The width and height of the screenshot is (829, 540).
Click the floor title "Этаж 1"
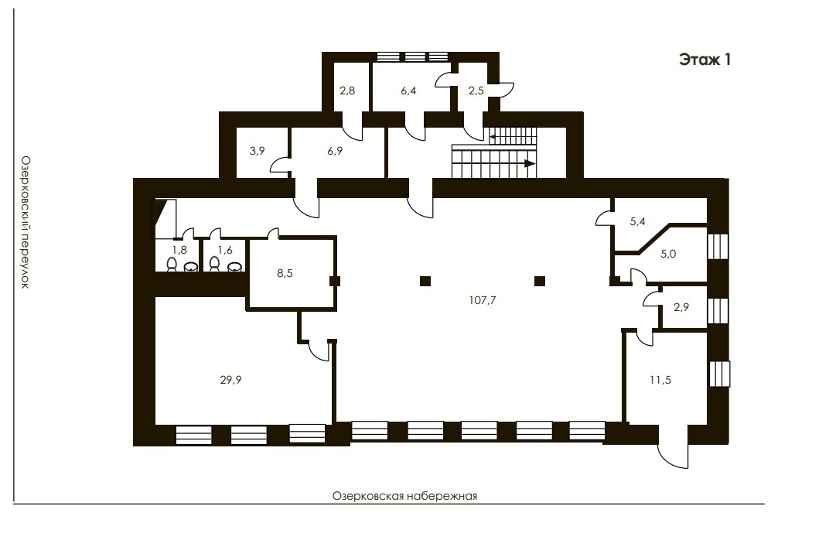704,60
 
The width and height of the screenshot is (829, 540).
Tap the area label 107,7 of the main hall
483,300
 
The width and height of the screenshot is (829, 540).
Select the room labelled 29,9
230,379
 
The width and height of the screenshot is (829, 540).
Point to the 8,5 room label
285,273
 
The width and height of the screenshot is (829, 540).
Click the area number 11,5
660,379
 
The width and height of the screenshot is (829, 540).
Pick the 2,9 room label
681,307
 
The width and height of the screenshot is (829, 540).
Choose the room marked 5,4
638,221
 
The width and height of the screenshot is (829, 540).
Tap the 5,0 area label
668,254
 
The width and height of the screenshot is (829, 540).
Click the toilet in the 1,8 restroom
172,264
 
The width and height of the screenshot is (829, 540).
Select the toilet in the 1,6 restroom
214,264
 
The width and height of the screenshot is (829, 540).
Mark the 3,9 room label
257,151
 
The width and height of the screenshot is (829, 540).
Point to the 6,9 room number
335,151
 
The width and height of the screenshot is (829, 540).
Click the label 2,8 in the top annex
347,91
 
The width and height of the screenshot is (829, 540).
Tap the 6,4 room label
408,91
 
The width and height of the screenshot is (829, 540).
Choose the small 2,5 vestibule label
476,91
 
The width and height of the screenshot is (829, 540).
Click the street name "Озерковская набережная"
405,496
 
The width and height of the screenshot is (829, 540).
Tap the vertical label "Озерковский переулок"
25,222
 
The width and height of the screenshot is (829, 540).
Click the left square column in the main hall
425,281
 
